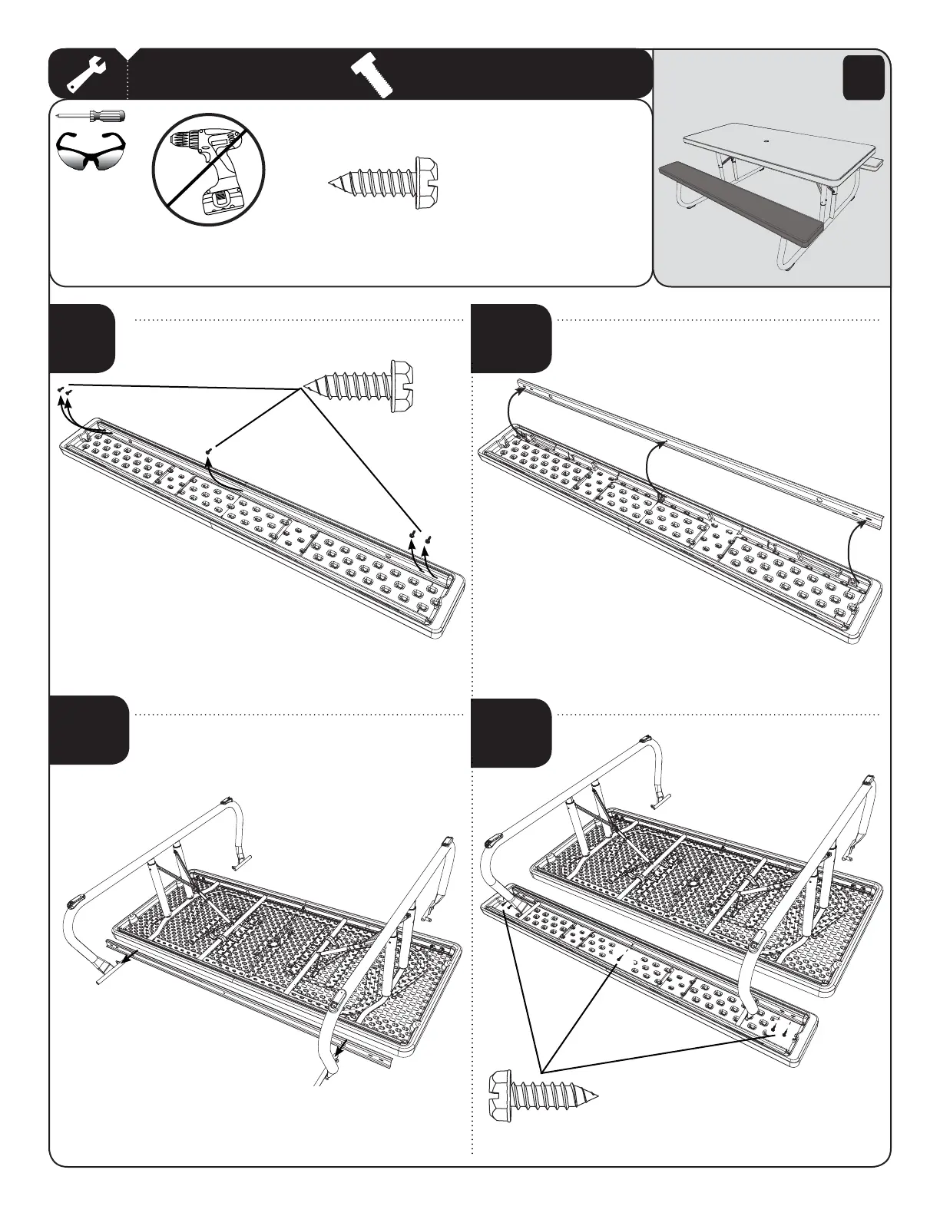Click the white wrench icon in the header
[x=86, y=74]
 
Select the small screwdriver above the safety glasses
[x=91, y=116]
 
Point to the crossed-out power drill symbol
[x=209, y=169]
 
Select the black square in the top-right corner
[x=863, y=78]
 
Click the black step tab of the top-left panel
[x=83, y=339]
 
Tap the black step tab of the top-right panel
[x=511, y=339]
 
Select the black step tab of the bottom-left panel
[x=89, y=730]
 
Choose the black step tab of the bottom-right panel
[x=511, y=732]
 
